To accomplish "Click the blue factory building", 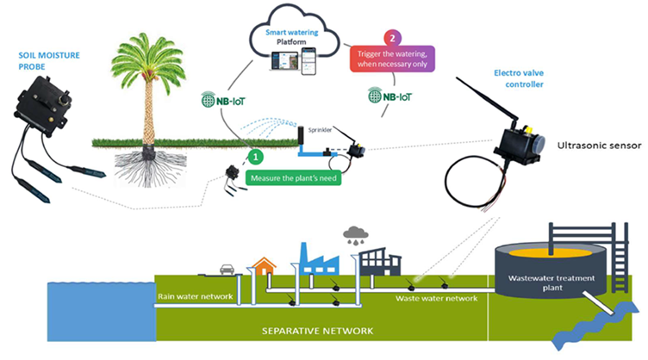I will pyautogui.click(x=314, y=257).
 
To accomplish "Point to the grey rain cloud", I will pyautogui.click(x=354, y=233).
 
